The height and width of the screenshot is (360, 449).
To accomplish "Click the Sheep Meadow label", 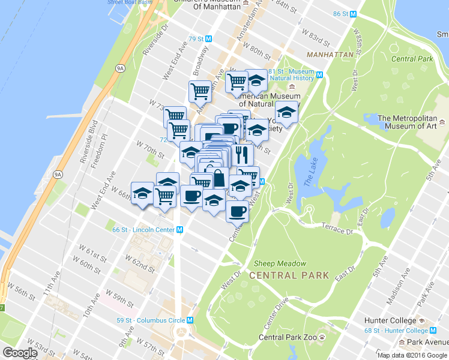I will (x=280, y=263).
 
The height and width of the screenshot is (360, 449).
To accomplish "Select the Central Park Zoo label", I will (x=288, y=337).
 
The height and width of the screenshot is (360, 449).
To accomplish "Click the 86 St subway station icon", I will (x=354, y=14).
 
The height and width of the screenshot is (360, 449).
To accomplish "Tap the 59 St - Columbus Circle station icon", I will (x=190, y=320).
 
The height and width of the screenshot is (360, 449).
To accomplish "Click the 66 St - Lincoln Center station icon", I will (x=179, y=230).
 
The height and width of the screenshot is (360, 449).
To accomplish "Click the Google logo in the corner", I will (x=20, y=353).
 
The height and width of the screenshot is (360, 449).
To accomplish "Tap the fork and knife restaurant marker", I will (x=242, y=155).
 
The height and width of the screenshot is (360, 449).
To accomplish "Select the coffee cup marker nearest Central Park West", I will (x=237, y=212).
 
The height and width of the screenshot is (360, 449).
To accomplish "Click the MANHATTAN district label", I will (x=330, y=55).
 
